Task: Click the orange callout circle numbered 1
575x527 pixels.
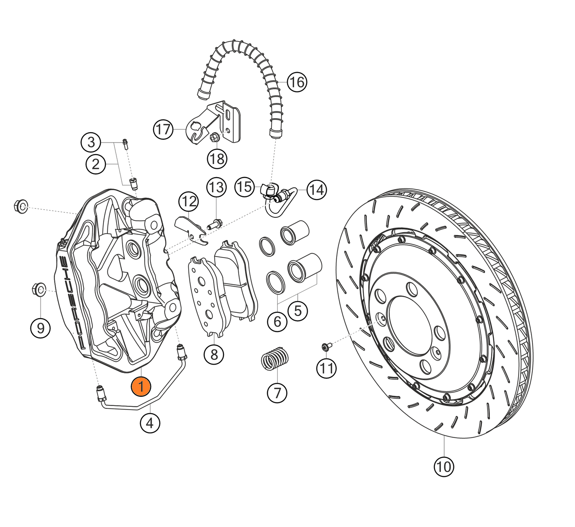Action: point(141,386)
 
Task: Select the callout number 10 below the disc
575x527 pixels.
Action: point(444,466)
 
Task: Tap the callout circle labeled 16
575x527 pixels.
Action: point(297,82)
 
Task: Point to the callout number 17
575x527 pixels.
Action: point(163,129)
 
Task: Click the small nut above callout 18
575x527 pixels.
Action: point(214,138)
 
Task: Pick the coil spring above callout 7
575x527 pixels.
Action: point(275,358)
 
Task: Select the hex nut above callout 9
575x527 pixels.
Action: point(39,289)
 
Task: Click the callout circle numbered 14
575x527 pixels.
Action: point(317,190)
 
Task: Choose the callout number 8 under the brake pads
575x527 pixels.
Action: point(214,354)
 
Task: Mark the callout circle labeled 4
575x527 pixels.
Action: point(150,423)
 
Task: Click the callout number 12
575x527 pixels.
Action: point(189,202)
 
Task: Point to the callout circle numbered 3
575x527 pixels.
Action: point(91,142)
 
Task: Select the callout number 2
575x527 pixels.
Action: point(96,164)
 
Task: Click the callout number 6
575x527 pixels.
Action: point(277,321)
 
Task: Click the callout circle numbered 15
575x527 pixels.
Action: point(244,187)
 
